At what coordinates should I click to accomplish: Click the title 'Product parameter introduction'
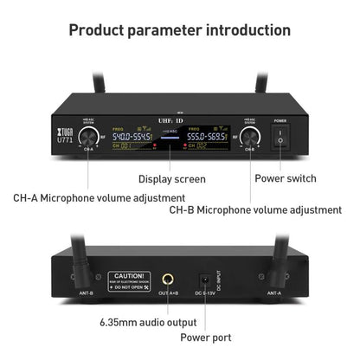click(179, 30)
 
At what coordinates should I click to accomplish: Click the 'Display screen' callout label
click(172, 179)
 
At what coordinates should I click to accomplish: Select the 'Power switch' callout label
click(286, 179)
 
